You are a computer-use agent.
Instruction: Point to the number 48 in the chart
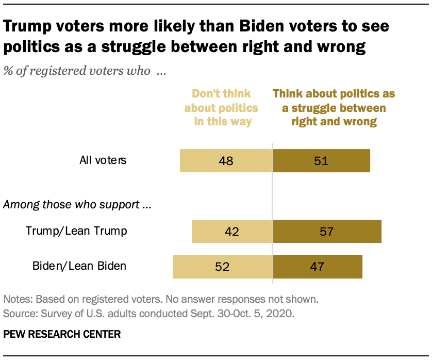coord(226,160)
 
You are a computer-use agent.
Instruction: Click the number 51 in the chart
coord(321,160)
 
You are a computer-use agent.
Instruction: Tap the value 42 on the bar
coord(232,231)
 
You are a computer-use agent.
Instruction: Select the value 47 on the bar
coord(318,267)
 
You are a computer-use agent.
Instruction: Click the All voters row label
coord(103,160)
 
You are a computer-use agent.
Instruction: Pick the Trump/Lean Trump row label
coord(76,231)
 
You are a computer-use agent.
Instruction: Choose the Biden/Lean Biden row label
coord(79,266)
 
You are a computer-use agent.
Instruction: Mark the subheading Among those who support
coord(77,204)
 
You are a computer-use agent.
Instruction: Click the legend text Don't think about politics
coord(222,108)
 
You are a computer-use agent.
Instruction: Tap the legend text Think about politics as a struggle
coord(334,108)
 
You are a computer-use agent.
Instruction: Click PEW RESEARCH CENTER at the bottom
coord(62,334)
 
